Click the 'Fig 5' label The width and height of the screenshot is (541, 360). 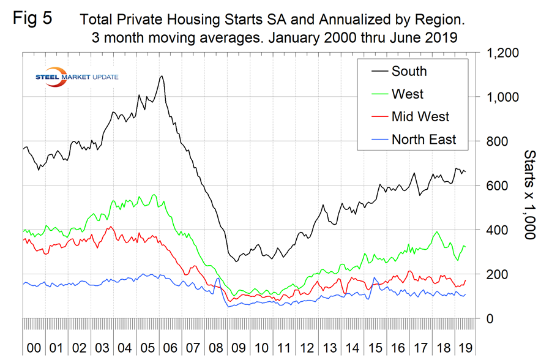click(x=32, y=18)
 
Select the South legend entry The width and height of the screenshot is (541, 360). click(x=409, y=71)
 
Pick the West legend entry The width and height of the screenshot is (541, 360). click(x=408, y=94)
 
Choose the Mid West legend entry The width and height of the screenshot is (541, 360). click(x=420, y=117)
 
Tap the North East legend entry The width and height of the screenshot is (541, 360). click(x=423, y=140)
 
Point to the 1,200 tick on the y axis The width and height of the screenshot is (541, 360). click(x=502, y=53)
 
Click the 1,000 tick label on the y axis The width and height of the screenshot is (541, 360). click(x=502, y=97)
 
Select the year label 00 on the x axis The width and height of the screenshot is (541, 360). click(x=34, y=348)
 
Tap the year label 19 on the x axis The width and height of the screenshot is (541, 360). click(x=467, y=348)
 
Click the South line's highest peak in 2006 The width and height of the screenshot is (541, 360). click(x=161, y=77)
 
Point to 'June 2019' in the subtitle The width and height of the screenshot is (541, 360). click(x=427, y=37)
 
